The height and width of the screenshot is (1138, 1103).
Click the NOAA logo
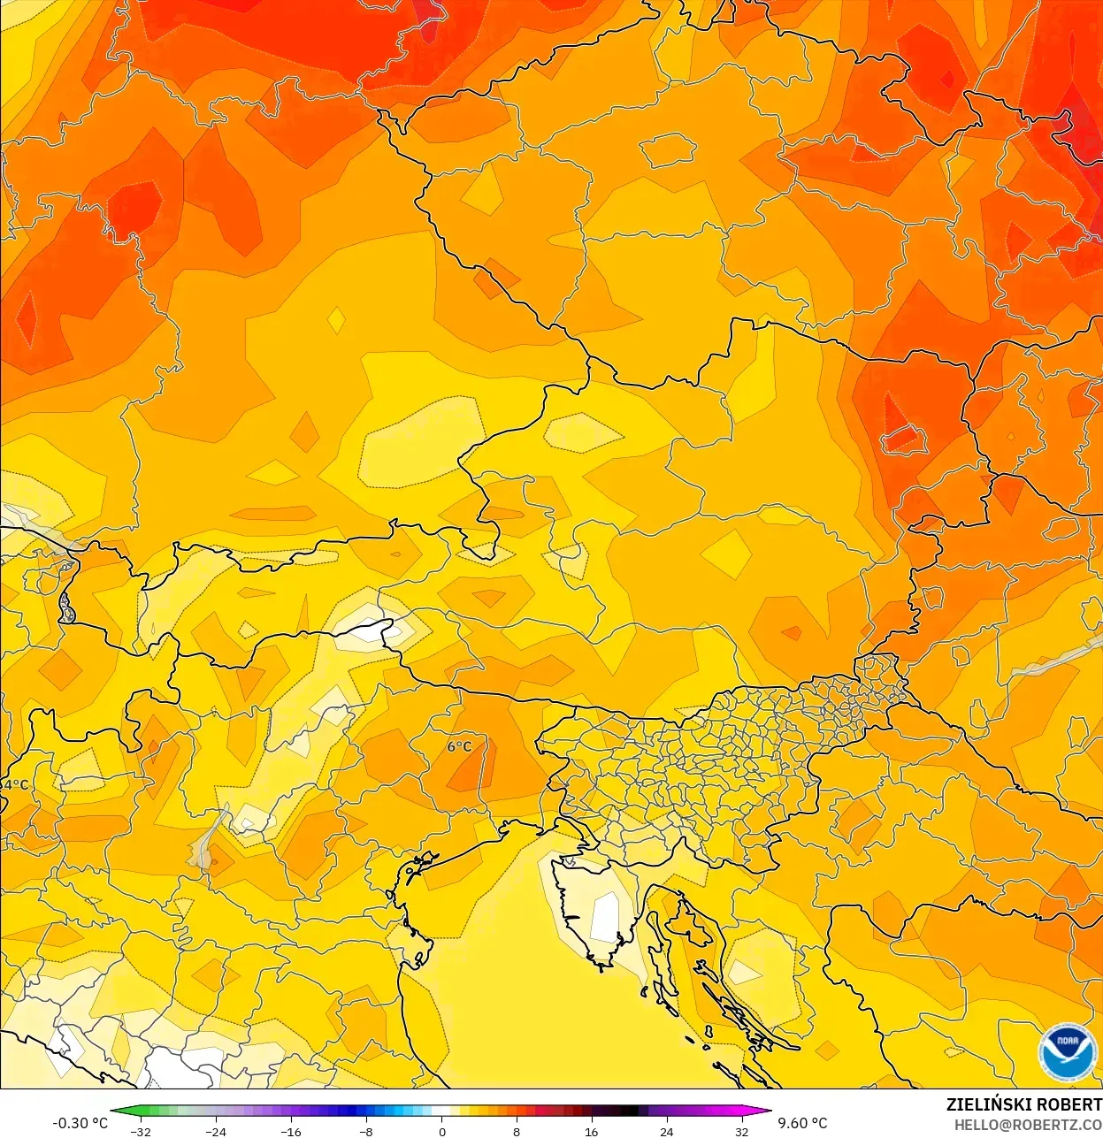(1066, 1052)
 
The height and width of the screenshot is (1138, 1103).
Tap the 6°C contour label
(459, 747)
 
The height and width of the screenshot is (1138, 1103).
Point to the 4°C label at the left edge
(15, 785)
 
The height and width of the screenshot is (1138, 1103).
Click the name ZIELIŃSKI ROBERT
(1023, 1104)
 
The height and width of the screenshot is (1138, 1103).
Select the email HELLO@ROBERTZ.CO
(1028, 1125)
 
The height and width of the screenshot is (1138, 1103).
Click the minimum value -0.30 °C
(80, 1123)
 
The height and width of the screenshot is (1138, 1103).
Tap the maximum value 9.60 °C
(802, 1123)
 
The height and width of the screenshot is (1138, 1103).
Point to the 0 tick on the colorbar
(441, 1132)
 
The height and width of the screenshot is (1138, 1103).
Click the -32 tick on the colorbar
(141, 1132)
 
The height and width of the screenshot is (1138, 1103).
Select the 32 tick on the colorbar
(741, 1132)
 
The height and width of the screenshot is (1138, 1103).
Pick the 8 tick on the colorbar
(517, 1132)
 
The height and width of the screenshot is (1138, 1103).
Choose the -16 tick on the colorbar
(291, 1132)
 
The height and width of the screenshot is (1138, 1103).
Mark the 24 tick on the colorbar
(666, 1132)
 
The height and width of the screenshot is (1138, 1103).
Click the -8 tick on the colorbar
(366, 1132)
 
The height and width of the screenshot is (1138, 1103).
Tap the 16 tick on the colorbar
(591, 1132)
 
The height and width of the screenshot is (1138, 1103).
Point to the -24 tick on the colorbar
(216, 1132)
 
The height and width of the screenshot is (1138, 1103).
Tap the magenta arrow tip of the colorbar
(768, 1111)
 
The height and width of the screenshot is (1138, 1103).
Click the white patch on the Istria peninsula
(606, 917)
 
